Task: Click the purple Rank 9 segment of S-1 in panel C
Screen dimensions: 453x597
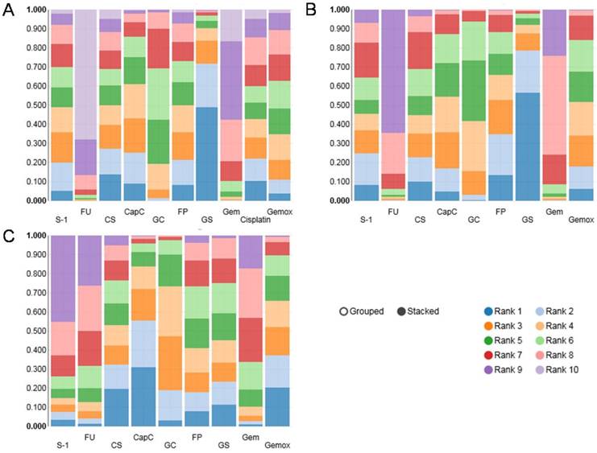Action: click(64, 278)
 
